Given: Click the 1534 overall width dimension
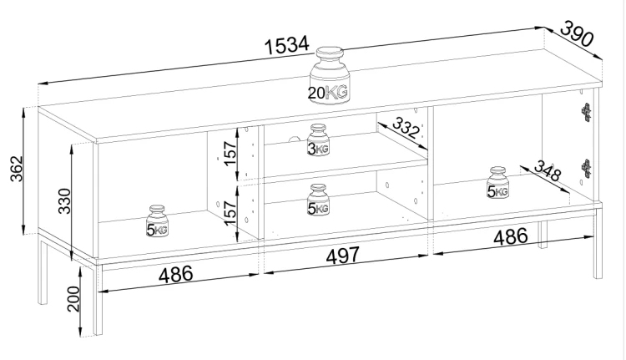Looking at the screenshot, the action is (x=286, y=45).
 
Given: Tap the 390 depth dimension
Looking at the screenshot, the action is (x=578, y=33).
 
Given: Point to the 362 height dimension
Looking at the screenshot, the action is (x=17, y=169).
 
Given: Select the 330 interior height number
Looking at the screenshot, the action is (x=64, y=201).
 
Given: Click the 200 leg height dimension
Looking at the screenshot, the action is (x=73, y=298).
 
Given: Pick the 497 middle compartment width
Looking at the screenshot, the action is (x=343, y=256).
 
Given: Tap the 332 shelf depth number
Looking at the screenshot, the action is (x=406, y=127).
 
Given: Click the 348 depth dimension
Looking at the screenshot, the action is (x=548, y=170).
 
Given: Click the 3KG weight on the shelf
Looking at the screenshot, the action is (x=318, y=139).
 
